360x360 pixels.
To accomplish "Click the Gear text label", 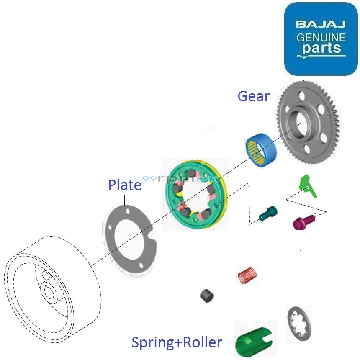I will pyautogui.click(x=253, y=96).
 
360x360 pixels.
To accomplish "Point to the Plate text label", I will pyautogui.click(x=125, y=185).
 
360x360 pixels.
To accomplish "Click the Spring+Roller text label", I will pyautogui.click(x=177, y=342).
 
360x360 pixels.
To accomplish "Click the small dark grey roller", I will pyautogui.click(x=207, y=296).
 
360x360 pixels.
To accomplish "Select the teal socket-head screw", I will pyautogui.click(x=268, y=213).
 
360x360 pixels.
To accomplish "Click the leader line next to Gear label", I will pyautogui.click(x=275, y=98).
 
